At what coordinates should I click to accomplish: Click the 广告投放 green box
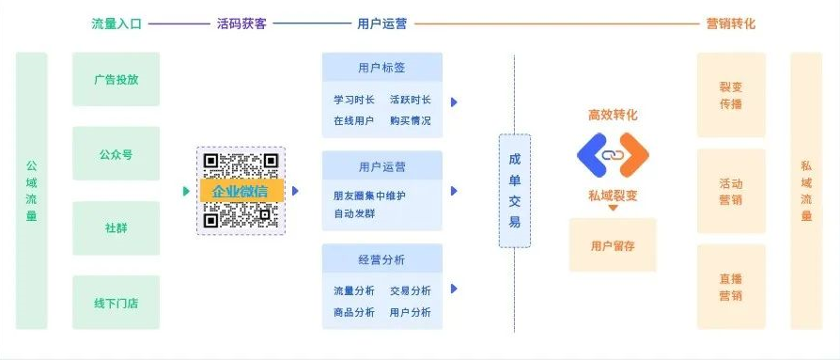pos(117,79)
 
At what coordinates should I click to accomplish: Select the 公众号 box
pos(117,154)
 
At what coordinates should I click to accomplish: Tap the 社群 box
pos(117,228)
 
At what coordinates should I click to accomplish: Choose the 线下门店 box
pos(117,302)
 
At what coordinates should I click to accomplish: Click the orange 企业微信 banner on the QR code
pos(241,191)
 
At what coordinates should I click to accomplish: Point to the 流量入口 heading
pos(117,23)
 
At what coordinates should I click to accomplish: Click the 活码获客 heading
pos(241,23)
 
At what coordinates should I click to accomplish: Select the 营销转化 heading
pos(731,23)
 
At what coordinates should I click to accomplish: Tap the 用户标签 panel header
pos(382,68)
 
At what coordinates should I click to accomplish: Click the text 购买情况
pos(411,120)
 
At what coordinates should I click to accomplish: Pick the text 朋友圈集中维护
pos(369,196)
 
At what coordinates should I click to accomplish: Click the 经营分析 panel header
pos(382,259)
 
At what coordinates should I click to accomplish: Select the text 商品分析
pos(354,312)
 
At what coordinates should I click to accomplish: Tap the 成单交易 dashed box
pos(515,191)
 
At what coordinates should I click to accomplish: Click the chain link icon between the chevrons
pos(613,155)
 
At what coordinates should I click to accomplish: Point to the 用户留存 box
pos(613,245)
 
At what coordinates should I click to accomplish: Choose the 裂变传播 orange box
pos(731,95)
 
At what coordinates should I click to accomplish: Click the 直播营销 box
pos(731,287)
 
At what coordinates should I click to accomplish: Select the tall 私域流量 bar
pos(806,191)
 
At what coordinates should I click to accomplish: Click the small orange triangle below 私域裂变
pos(613,208)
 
